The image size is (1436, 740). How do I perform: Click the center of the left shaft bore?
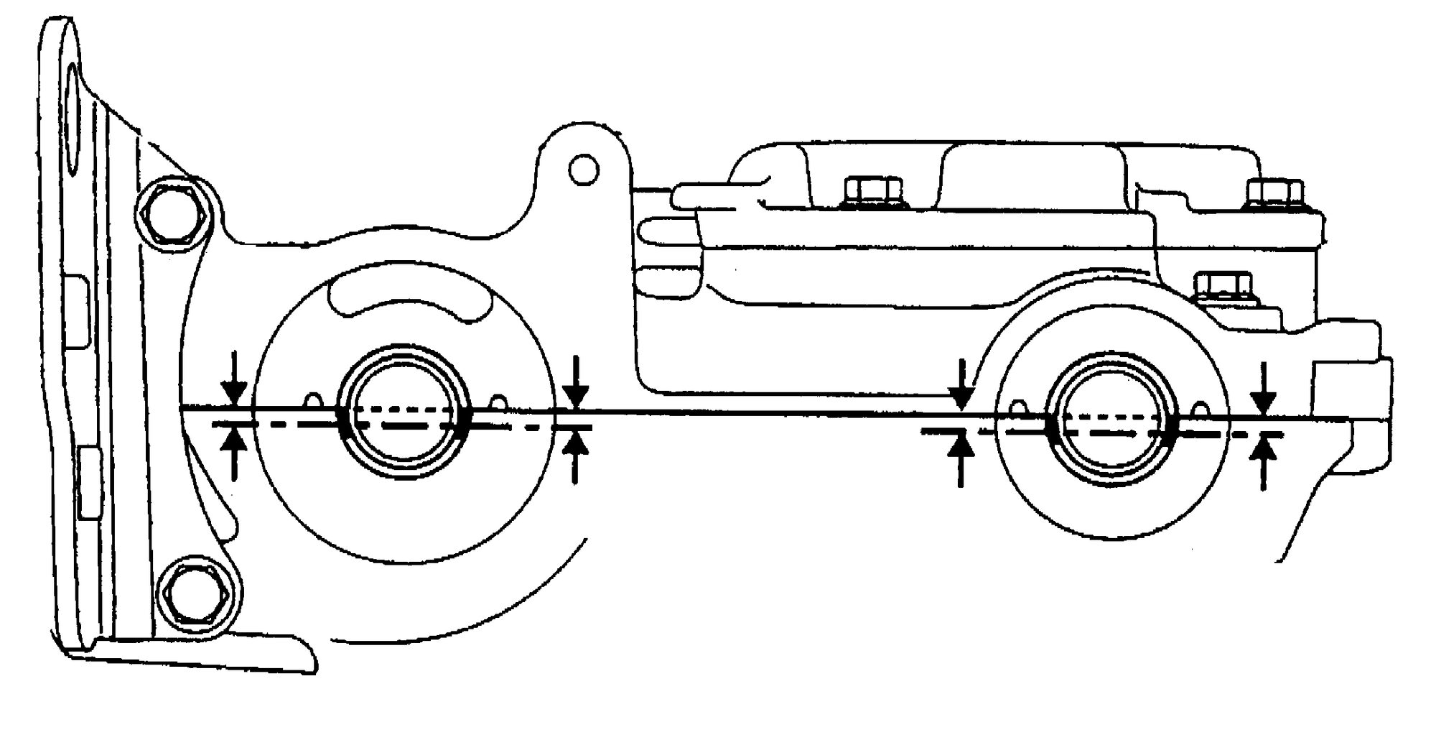click(x=404, y=417)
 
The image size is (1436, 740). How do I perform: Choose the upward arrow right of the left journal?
click(x=575, y=456)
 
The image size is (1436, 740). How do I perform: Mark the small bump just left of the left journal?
click(x=312, y=399)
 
